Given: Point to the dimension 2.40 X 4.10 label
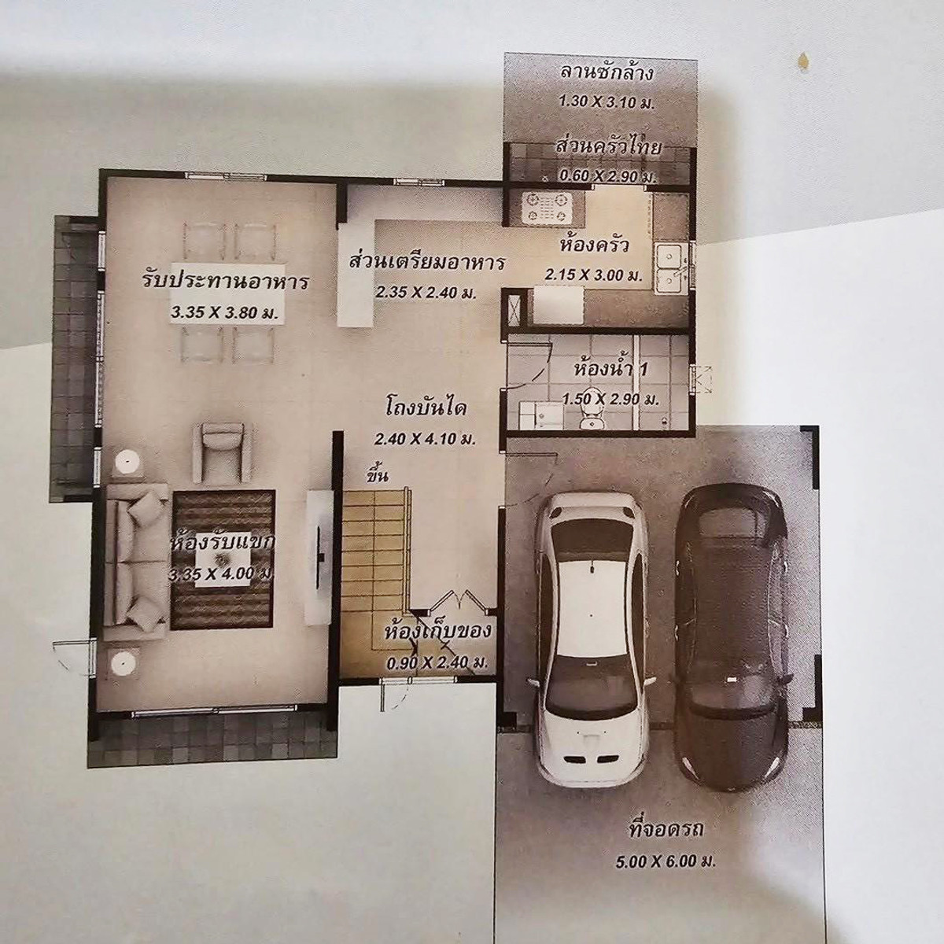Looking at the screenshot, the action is [426, 440].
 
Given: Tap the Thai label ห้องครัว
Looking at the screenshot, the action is [594, 245].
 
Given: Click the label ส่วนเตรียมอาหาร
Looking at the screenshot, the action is [426, 262].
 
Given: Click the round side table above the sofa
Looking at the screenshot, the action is [127, 462].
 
